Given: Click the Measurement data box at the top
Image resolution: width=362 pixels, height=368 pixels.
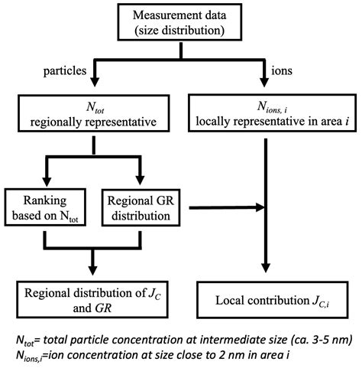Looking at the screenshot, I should (x=179, y=24).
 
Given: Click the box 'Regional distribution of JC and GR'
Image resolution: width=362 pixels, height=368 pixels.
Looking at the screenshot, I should (x=93, y=298).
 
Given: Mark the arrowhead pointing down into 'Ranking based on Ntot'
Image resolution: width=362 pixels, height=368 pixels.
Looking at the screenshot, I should (x=47, y=178).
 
